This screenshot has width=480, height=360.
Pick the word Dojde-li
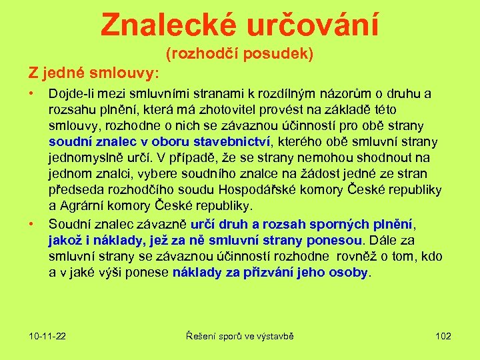pyautogui.click(x=70, y=93)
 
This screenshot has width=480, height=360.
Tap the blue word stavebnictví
pyautogui.click(x=231, y=141)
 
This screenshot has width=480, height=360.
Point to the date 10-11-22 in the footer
pyautogui.click(x=47, y=335)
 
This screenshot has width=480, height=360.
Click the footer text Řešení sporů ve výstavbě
pyautogui.click(x=239, y=335)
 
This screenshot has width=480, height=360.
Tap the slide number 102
pyautogui.click(x=443, y=335)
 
